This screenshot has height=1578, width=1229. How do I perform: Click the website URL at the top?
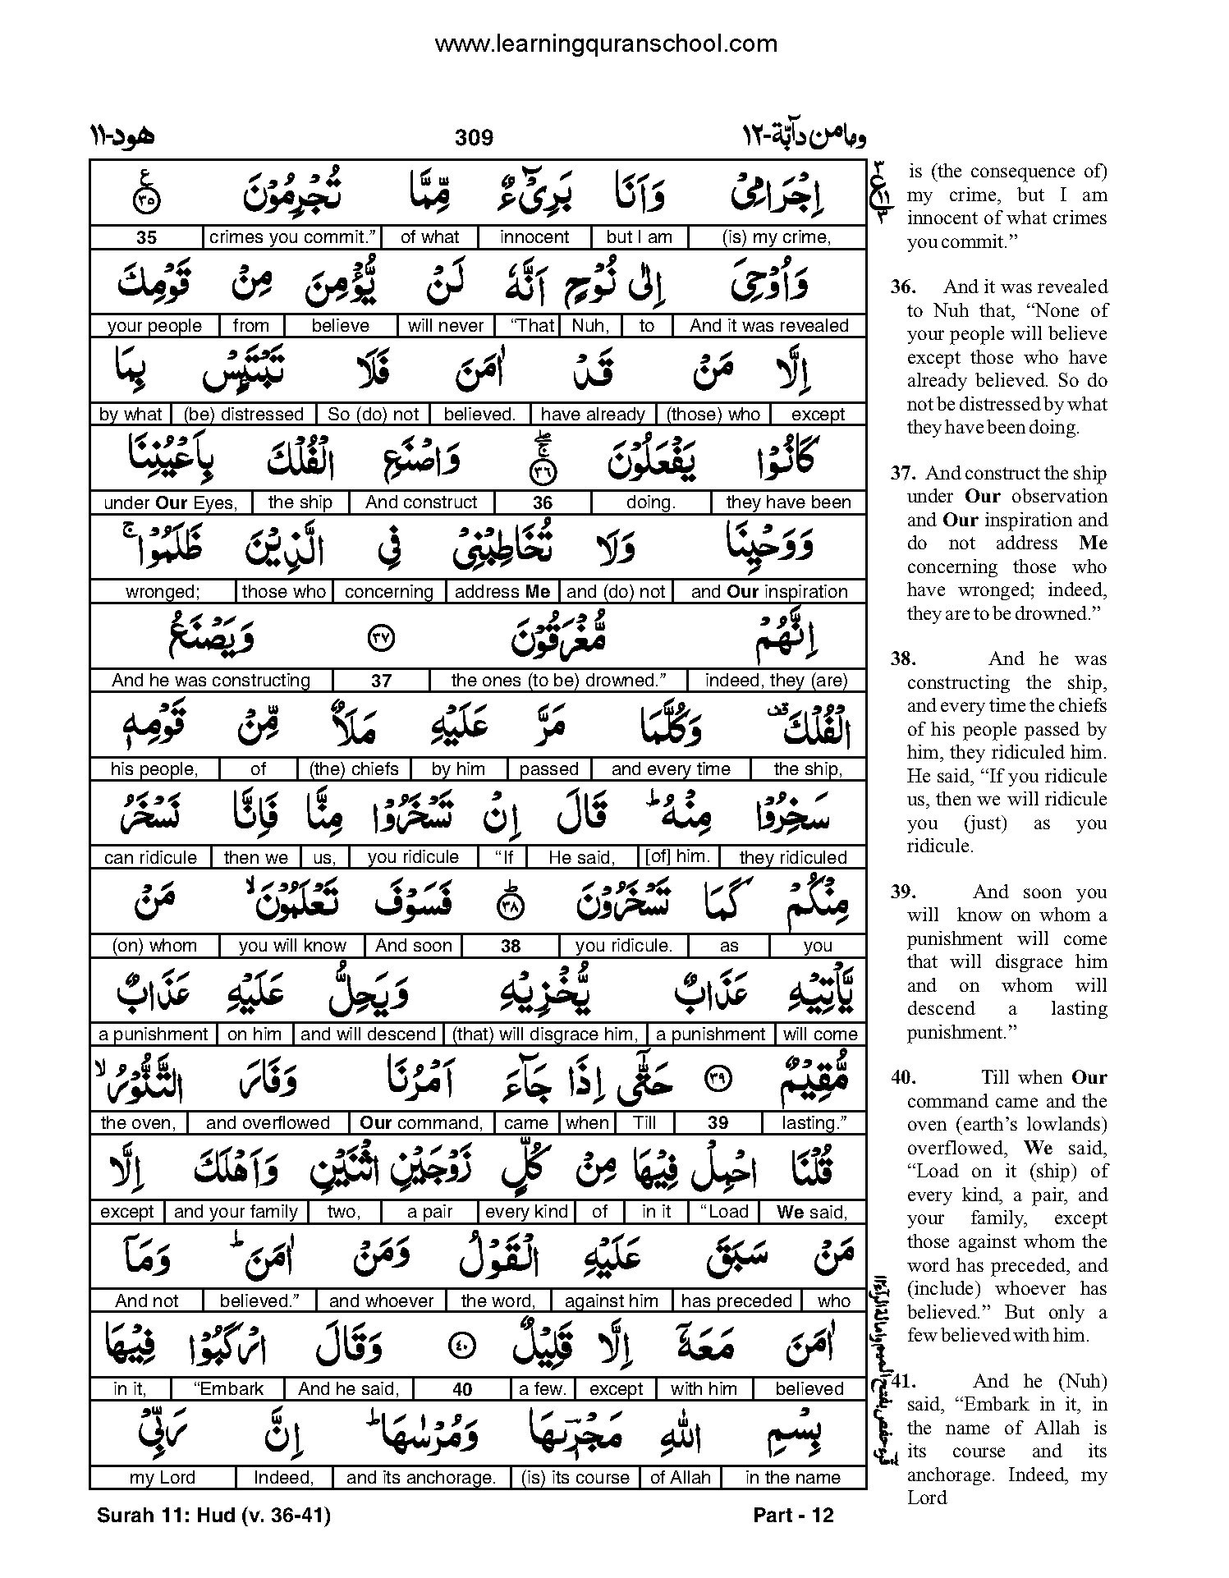605,43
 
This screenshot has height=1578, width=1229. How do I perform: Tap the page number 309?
474,137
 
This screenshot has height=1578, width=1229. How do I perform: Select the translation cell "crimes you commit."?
292,237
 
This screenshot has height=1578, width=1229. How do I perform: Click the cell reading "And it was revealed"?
768,325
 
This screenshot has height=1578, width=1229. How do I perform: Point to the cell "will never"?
446,325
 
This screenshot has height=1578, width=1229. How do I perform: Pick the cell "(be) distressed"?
244,414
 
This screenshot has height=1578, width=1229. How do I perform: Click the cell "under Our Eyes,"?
170,502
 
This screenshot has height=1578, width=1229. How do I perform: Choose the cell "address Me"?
502,591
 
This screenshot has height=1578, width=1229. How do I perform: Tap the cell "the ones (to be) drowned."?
557,680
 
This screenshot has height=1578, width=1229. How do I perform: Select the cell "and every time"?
670,768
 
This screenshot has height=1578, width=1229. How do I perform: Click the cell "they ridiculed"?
792,857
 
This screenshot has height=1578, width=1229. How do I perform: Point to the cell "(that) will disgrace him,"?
544,1034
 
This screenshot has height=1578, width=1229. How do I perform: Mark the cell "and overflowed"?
268,1122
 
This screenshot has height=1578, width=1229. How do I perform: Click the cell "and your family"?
236,1211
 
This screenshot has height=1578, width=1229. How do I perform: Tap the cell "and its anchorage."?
421,1477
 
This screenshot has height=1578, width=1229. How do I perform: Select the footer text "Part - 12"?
792,1515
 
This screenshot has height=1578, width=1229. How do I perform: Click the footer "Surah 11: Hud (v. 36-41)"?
213,1515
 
